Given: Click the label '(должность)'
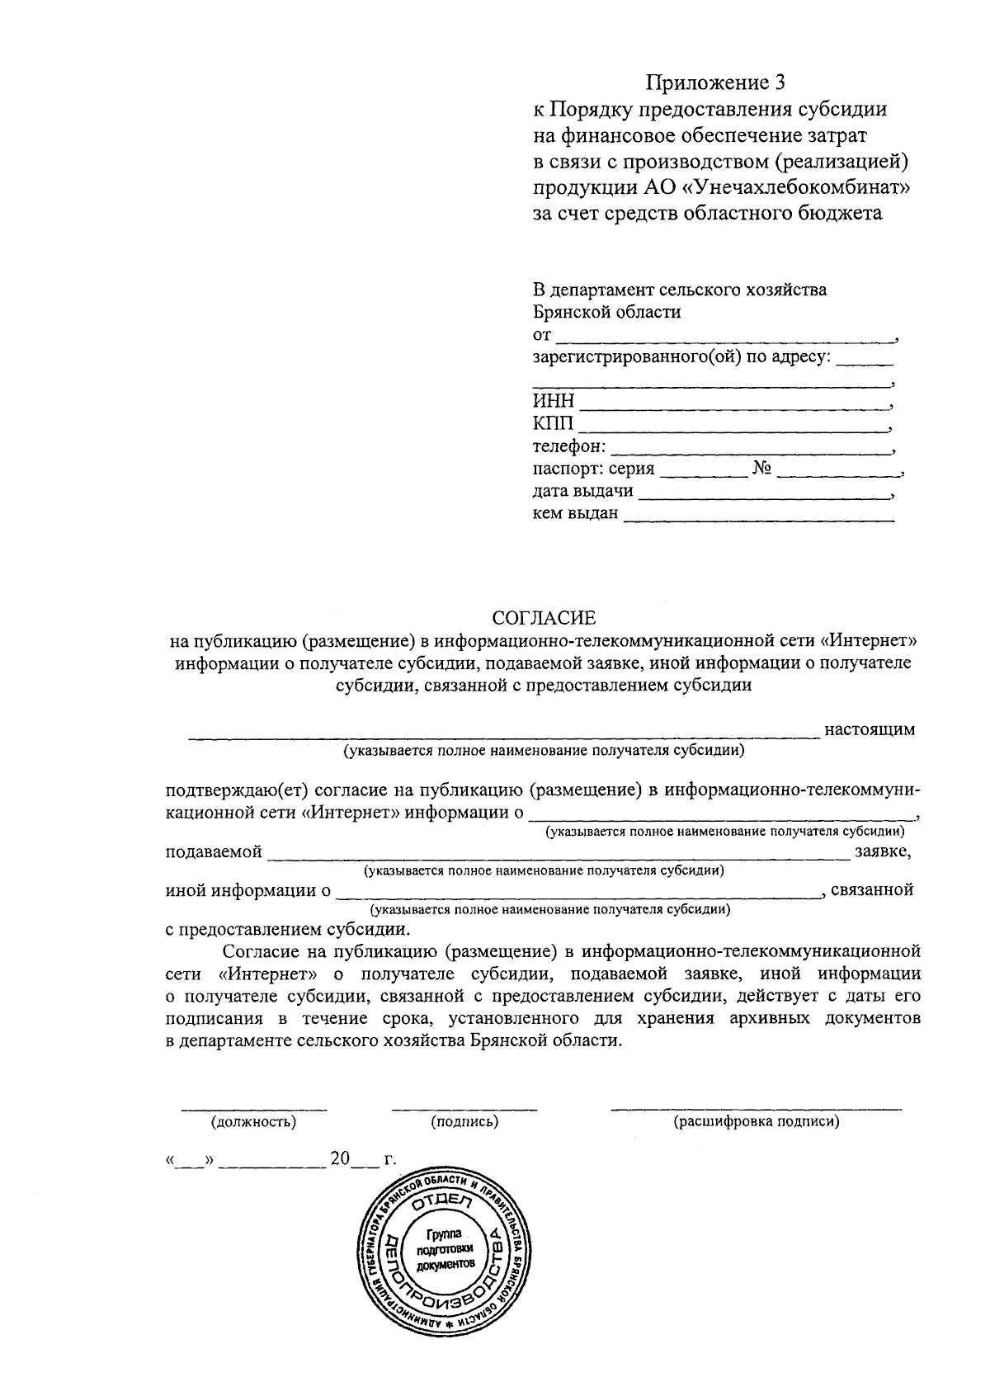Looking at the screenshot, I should tap(254, 1122).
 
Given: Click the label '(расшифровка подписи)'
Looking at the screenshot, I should tap(757, 1122).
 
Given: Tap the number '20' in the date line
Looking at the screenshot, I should tap(341, 1158).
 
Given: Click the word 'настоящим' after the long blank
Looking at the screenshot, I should tap(870, 730).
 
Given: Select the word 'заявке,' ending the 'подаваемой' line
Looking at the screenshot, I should tap(883, 851).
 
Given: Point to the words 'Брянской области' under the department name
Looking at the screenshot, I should tap(606, 313).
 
